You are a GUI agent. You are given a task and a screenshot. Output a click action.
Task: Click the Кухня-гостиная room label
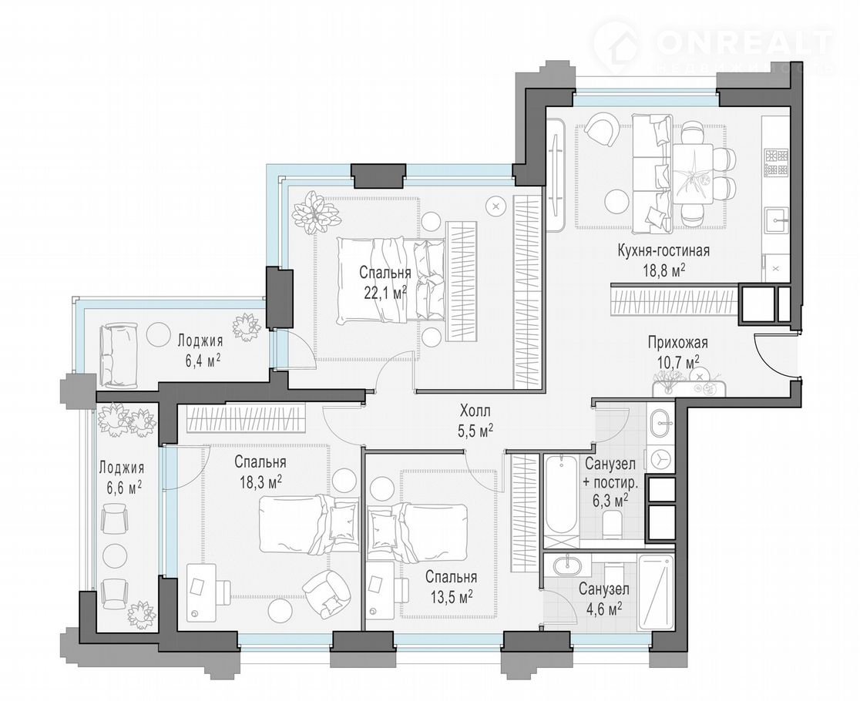coord(663,251)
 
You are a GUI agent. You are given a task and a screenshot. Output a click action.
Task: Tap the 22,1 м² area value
coord(385,292)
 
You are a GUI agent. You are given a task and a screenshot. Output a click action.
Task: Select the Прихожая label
coord(678,343)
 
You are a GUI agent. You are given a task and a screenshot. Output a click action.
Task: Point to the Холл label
coord(475,411)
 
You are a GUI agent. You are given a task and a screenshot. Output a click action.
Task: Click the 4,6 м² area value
coord(603,607)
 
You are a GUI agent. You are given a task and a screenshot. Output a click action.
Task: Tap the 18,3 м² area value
coord(260,481)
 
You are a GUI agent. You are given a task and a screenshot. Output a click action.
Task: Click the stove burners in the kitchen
coord(775,162)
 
